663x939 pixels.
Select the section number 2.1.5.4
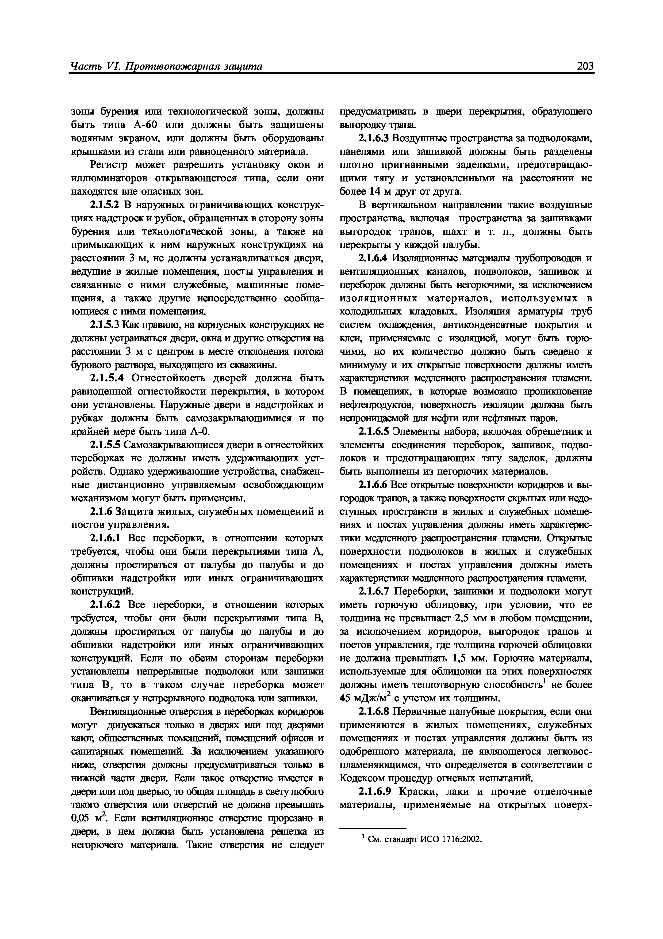(x=108, y=378)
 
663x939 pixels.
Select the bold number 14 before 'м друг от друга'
(x=375, y=192)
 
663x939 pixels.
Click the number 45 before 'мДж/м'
(x=346, y=699)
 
